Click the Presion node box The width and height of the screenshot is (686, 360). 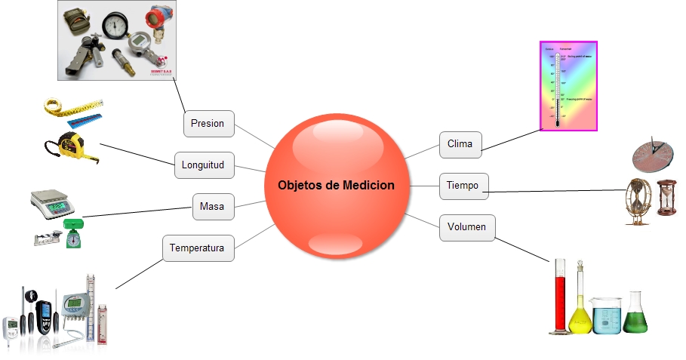208,123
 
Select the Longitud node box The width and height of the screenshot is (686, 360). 203,164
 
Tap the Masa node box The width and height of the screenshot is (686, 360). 212,205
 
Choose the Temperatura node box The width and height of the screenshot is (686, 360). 198,247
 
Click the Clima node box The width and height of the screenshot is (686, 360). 460,144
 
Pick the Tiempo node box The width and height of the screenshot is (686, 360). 463,185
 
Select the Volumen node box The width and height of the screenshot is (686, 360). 466,226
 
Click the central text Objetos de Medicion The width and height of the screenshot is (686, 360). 336,185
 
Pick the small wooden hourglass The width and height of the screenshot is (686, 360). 666,198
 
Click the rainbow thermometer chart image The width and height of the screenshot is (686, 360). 568,86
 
